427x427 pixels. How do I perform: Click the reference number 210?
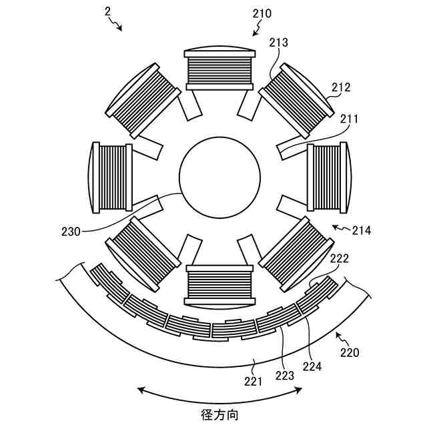(x=263, y=13)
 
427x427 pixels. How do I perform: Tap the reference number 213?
(x=279, y=43)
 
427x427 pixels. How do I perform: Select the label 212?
(x=340, y=87)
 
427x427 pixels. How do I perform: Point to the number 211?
(x=349, y=119)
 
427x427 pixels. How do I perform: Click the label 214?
(x=362, y=230)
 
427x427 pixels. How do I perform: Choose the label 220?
(x=349, y=352)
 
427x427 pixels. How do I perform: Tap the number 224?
(x=312, y=366)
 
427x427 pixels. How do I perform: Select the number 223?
(x=285, y=375)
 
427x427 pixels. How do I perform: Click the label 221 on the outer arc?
(x=254, y=381)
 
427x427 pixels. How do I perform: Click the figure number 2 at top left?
(x=107, y=11)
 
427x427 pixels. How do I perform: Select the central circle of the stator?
(x=220, y=178)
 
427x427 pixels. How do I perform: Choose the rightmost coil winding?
(x=328, y=178)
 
